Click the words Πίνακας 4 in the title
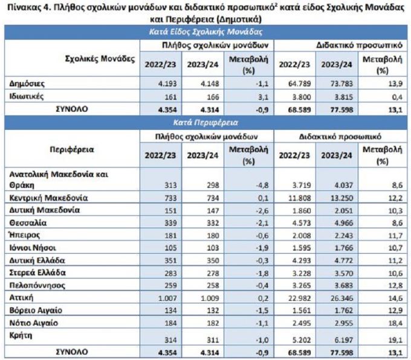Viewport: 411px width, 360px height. pyautogui.click(x=31, y=7)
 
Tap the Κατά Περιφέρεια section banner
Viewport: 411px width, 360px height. pyautogui.click(x=205, y=123)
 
